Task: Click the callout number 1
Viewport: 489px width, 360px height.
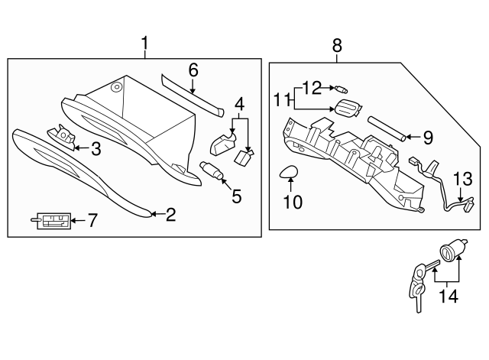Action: (144, 44)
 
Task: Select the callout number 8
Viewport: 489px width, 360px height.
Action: (337, 47)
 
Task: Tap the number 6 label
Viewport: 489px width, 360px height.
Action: (193, 70)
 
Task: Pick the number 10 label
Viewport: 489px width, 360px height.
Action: (293, 202)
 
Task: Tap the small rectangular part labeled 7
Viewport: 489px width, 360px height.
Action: (53, 222)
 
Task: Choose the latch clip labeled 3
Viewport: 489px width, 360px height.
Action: (63, 137)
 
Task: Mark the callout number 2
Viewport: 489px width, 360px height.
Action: (170, 215)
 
